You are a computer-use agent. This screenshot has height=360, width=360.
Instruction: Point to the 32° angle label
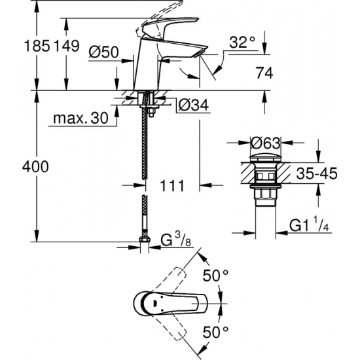coord(242,43)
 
